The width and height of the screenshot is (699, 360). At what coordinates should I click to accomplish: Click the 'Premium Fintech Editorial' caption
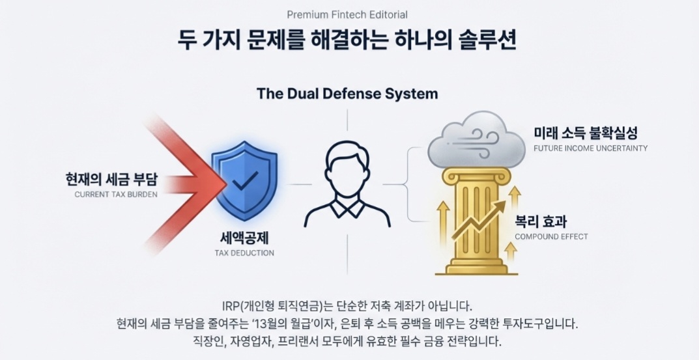tap(347, 14)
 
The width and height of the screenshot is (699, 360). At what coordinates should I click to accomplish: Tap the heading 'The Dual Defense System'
tap(347, 94)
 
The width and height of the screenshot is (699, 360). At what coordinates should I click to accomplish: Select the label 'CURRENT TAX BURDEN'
tap(115, 194)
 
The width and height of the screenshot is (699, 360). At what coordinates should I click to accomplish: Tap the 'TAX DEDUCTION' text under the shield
tap(244, 253)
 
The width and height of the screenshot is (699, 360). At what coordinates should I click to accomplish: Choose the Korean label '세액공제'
tap(244, 238)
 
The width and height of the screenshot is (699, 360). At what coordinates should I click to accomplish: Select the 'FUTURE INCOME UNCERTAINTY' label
tap(590, 148)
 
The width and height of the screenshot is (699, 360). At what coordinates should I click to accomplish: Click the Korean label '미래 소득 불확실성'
tap(586, 133)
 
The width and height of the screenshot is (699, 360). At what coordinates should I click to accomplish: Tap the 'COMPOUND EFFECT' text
tap(551, 236)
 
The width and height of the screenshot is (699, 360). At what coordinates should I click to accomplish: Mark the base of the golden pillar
tap(476, 267)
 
